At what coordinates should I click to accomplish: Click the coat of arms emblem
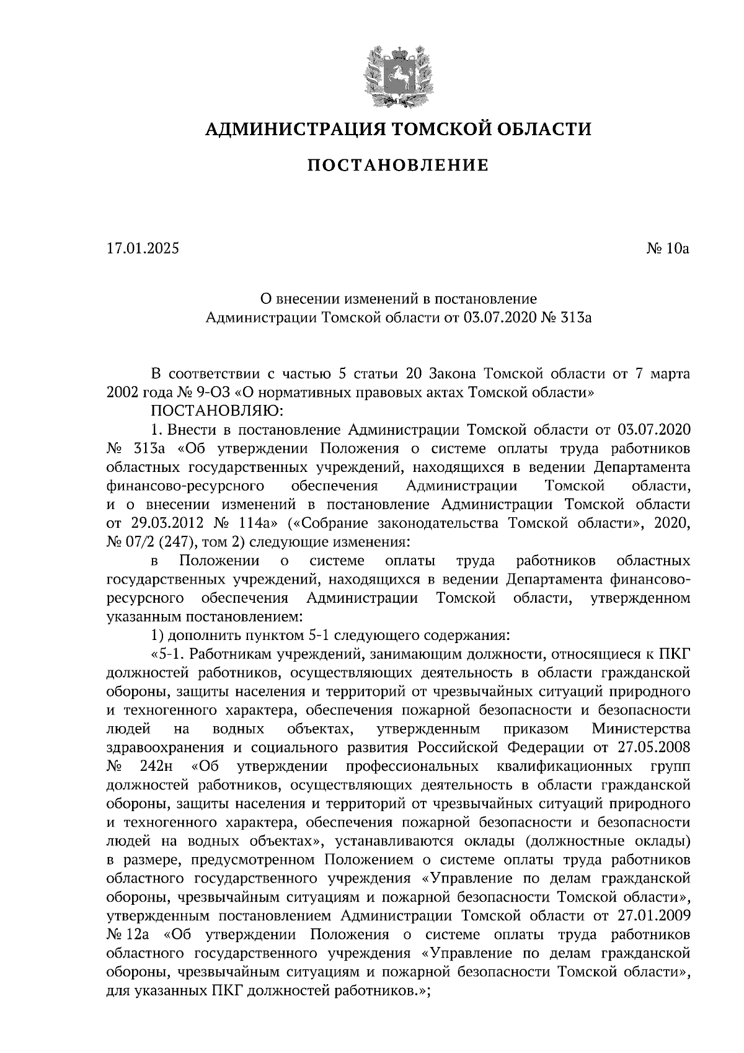click(397, 74)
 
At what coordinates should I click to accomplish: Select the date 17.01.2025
click(142, 249)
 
